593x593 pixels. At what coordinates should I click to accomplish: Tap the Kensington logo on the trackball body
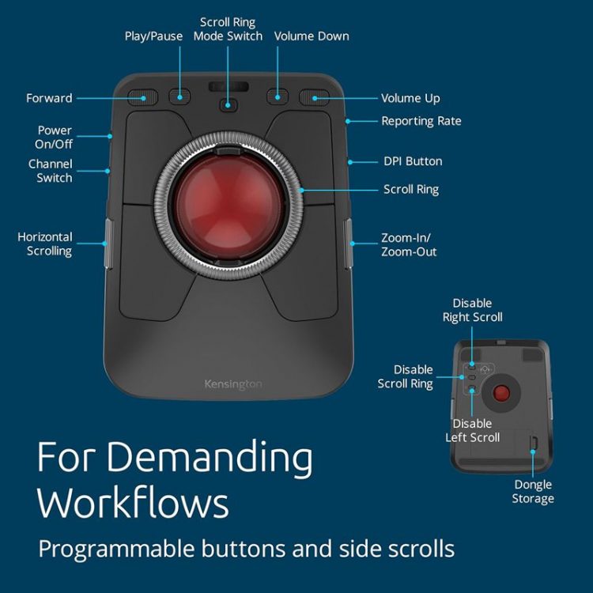pyautogui.click(x=233, y=384)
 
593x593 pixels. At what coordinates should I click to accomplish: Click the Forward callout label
pyautogui.click(x=49, y=98)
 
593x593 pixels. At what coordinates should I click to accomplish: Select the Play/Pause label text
pyautogui.click(x=153, y=36)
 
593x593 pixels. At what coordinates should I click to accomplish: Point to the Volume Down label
pyautogui.click(x=312, y=36)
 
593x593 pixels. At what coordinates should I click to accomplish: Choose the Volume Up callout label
pyautogui.click(x=410, y=98)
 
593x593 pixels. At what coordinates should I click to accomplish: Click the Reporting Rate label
pyautogui.click(x=421, y=121)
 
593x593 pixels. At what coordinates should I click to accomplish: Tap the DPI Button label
pyautogui.click(x=413, y=161)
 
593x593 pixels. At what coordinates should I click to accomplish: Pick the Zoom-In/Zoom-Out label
pyautogui.click(x=409, y=244)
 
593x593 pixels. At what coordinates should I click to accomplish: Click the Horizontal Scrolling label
pyautogui.click(x=45, y=244)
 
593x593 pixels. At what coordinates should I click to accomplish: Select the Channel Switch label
pyautogui.click(x=51, y=171)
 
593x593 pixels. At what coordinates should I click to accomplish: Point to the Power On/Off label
pyautogui.click(x=54, y=138)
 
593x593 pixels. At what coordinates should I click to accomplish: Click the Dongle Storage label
pyautogui.click(x=533, y=492)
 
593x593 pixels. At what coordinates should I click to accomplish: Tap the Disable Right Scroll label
pyautogui.click(x=472, y=310)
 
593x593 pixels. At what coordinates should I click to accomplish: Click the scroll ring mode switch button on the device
pyautogui.click(x=228, y=104)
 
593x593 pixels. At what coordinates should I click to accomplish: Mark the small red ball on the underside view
pyautogui.click(x=502, y=393)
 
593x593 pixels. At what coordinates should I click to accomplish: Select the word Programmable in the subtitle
pyautogui.click(x=116, y=550)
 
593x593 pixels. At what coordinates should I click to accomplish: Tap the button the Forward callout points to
pyautogui.click(x=142, y=97)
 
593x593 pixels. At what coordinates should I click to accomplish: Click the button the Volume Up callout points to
pyautogui.click(x=314, y=97)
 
